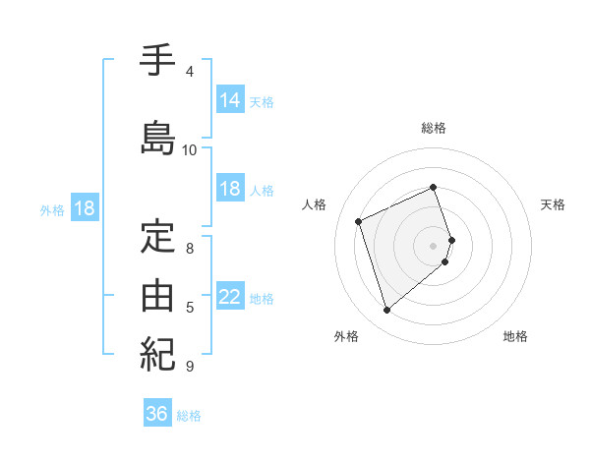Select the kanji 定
(158, 239)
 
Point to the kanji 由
(158, 295)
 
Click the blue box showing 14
(230, 99)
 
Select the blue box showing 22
(230, 297)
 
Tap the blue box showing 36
(157, 414)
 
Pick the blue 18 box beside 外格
(84, 208)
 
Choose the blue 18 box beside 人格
(230, 189)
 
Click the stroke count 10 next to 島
(190, 149)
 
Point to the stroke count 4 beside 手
(190, 72)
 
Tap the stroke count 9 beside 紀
(190, 367)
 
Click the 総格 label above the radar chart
(434, 128)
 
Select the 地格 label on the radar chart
(515, 337)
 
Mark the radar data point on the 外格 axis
(386, 311)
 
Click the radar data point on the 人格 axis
(359, 220)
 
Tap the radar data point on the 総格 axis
(434, 188)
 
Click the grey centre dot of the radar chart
(434, 245)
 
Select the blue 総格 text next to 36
(189, 416)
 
